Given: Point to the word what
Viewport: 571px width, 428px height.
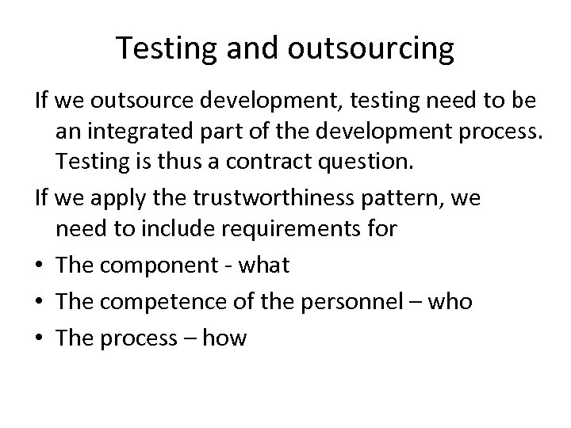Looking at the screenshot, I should [263, 266].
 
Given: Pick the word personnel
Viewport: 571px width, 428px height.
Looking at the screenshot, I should [362, 302].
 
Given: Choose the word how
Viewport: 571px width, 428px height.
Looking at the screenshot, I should [225, 339].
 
